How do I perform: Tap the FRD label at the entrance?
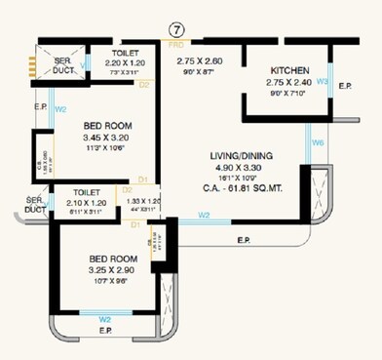tap(175, 44)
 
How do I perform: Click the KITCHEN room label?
tap(290, 71)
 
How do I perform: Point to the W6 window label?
tap(318, 143)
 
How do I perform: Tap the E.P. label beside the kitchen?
tap(344, 86)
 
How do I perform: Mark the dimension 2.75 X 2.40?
tap(290, 83)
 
